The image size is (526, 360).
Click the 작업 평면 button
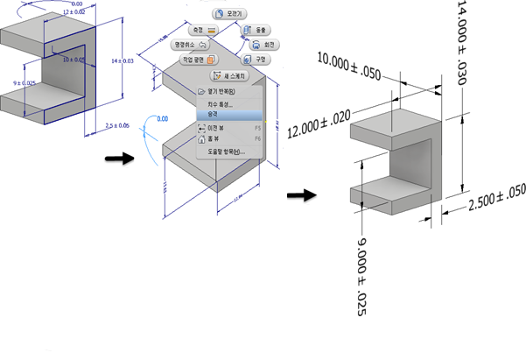tap(198, 60)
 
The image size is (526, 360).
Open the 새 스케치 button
tap(232, 75)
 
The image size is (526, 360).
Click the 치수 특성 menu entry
tap(220, 103)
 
